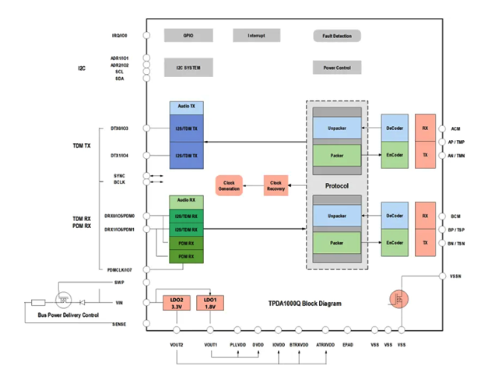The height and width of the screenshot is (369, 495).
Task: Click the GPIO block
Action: click(x=188, y=35)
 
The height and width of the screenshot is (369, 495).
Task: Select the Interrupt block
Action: click(x=256, y=35)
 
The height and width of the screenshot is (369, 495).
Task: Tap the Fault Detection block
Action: click(x=337, y=36)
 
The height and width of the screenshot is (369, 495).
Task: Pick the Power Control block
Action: click(x=337, y=68)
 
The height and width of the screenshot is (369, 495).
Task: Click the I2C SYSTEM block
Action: click(x=188, y=68)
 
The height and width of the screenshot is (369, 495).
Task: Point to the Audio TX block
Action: click(x=186, y=106)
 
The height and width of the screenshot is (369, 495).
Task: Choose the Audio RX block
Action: click(x=186, y=201)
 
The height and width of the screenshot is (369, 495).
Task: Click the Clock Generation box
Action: click(x=229, y=185)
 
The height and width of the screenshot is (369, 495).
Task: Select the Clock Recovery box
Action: click(x=276, y=185)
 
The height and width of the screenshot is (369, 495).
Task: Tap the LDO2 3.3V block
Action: click(x=177, y=303)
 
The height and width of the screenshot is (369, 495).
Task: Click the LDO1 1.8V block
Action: click(x=210, y=303)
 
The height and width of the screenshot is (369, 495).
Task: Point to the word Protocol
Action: click(x=336, y=186)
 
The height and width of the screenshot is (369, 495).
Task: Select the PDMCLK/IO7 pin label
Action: click(x=122, y=269)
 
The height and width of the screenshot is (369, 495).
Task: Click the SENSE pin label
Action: click(x=119, y=324)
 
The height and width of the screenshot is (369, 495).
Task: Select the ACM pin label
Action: click(x=456, y=128)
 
